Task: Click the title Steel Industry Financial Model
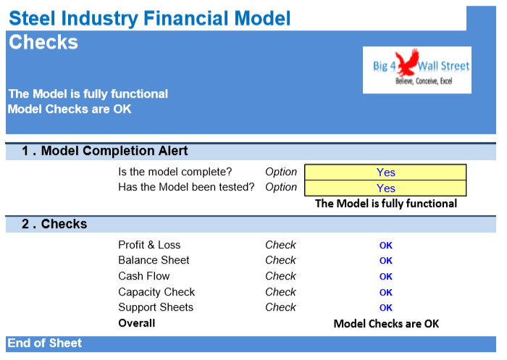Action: (x=150, y=18)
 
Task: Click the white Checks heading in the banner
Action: (x=43, y=42)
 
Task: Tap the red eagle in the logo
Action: (x=406, y=62)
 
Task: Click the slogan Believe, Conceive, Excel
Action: (x=424, y=81)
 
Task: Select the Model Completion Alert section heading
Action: (x=105, y=151)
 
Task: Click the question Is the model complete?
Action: (x=175, y=172)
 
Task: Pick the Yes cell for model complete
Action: (x=385, y=172)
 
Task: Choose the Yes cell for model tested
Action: (x=385, y=188)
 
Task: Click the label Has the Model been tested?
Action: (x=186, y=187)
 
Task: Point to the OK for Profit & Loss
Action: (x=386, y=246)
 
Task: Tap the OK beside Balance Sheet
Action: (x=386, y=261)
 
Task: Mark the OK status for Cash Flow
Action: (x=386, y=277)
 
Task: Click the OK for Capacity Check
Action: (x=386, y=293)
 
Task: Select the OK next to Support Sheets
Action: (x=386, y=308)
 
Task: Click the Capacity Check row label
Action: (x=156, y=292)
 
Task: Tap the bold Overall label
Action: (x=136, y=323)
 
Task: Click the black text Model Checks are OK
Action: (x=386, y=324)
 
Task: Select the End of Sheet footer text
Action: (x=45, y=343)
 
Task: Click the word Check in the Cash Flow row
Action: (x=280, y=276)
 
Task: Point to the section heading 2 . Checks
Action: (x=54, y=224)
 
